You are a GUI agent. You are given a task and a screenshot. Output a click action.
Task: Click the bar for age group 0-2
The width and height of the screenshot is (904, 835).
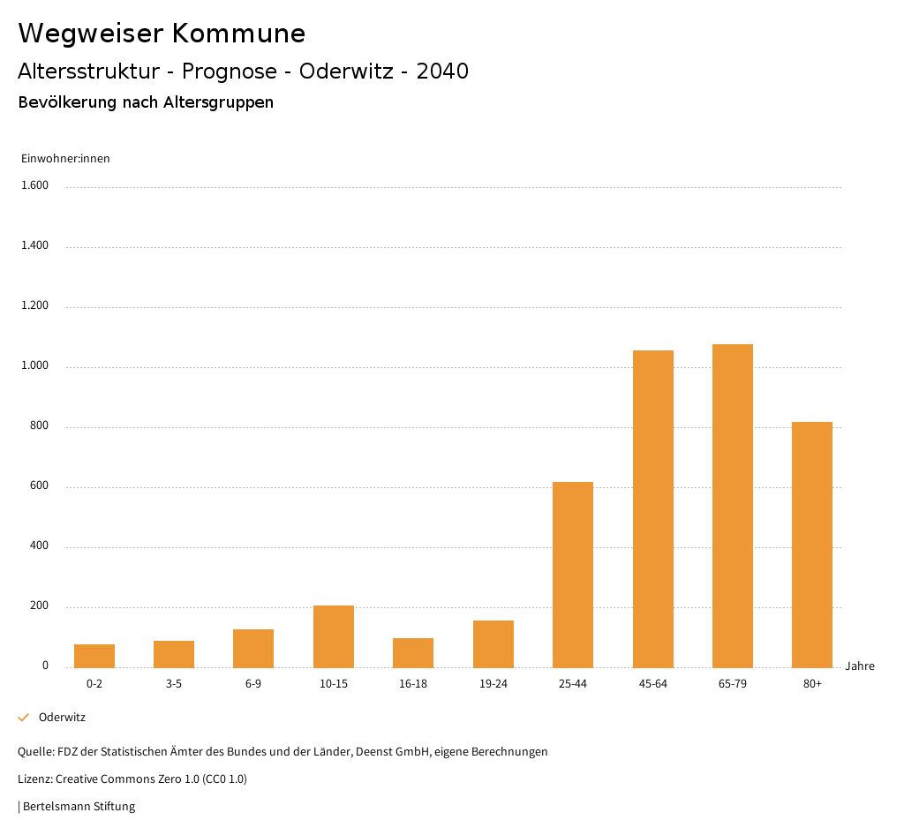coord(94,656)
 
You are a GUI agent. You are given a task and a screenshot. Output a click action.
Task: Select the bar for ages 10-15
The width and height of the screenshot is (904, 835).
coord(334,636)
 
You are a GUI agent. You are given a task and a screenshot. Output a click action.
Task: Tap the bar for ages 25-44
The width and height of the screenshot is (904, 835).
coord(573,575)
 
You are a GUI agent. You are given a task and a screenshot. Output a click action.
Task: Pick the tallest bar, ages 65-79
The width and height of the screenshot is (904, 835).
coord(733,506)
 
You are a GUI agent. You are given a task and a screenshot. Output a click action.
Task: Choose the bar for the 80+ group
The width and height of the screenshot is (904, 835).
coord(812,545)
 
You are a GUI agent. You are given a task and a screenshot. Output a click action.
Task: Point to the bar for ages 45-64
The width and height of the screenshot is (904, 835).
coord(653,509)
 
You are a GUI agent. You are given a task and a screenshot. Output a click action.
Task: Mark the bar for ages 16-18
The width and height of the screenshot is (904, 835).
coord(413,652)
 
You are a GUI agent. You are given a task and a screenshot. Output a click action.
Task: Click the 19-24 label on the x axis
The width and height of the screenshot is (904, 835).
coord(493,684)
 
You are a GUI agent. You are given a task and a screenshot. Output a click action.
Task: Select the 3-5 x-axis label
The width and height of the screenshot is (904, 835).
coord(174,684)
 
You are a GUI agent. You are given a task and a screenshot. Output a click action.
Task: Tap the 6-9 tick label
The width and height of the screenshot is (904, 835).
coord(253,684)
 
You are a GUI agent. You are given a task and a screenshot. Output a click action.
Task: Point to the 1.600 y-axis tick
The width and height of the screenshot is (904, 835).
coord(35,185)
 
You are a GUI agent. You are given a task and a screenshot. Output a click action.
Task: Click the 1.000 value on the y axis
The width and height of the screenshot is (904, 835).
coord(35,365)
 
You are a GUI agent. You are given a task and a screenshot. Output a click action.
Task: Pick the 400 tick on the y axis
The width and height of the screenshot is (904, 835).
coord(39,545)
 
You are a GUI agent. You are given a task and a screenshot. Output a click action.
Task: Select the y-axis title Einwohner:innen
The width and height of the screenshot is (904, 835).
coord(65,159)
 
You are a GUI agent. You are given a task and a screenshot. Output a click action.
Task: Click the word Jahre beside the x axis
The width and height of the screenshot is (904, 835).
coord(860,666)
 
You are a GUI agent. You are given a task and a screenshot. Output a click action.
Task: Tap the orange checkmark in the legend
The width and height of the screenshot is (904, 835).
coord(24,718)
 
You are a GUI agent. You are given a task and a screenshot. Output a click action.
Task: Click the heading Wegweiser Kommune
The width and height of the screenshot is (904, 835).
coord(162,34)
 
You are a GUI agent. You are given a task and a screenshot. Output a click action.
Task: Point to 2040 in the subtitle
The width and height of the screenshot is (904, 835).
coord(442,71)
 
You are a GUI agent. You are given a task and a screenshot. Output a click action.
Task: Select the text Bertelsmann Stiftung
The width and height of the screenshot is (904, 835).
coord(79,806)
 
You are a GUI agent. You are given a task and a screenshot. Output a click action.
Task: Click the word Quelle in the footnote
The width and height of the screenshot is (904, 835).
coord(34,752)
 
